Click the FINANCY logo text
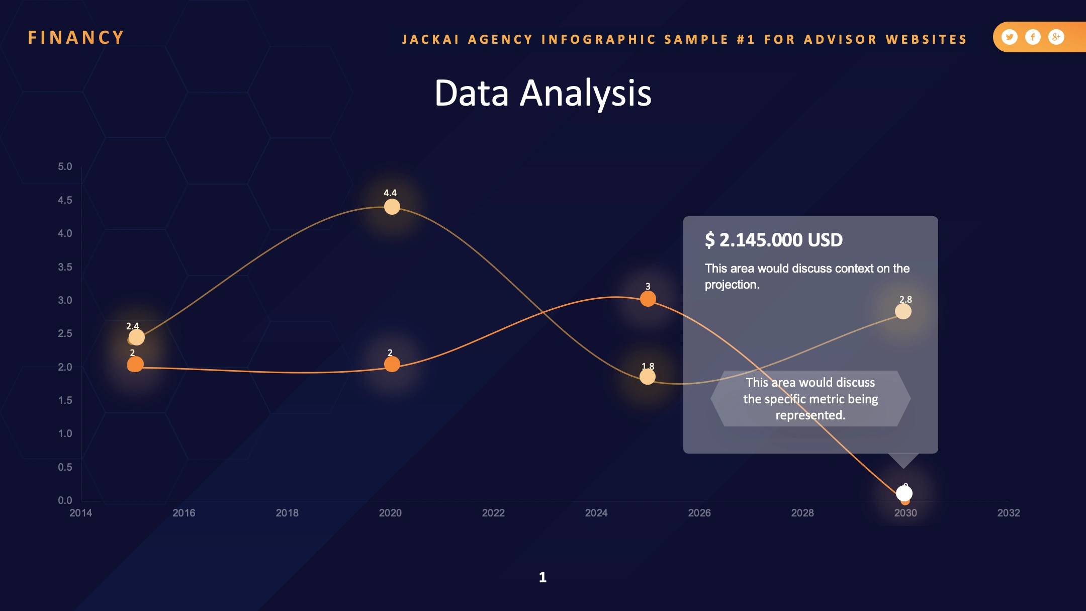coord(76,38)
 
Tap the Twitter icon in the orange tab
coord(1009,37)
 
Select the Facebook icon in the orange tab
coord(1033,37)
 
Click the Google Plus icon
coord(1056,37)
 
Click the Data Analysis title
coord(543,94)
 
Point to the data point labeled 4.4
coord(392,207)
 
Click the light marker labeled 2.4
coord(136,337)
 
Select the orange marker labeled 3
coord(648,299)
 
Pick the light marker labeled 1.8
coord(648,377)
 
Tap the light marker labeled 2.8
coord(903,311)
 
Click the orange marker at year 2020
coord(392,364)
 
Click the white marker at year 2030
coord(904,493)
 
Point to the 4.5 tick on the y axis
coord(65,200)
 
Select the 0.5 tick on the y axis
coord(65,467)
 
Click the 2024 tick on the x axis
coord(596,513)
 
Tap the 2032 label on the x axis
coord(1009,513)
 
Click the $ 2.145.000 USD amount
coord(774,240)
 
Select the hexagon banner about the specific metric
coord(810,399)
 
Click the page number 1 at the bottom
coord(542,577)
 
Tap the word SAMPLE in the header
coord(696,39)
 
